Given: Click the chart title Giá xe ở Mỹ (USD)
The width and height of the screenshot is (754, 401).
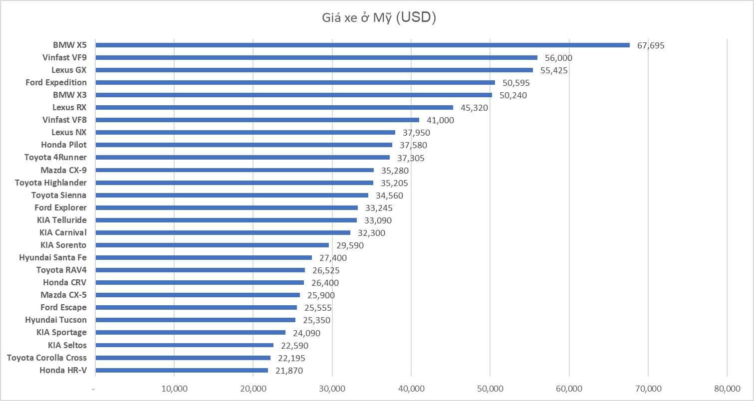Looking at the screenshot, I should (379, 18).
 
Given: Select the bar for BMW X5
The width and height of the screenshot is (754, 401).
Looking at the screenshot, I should (362, 45).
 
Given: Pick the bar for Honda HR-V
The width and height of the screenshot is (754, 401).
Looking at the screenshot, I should (181, 370).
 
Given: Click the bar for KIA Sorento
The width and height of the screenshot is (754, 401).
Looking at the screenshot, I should (212, 245).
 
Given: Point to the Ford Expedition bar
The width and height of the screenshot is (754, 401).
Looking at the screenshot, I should (294, 82).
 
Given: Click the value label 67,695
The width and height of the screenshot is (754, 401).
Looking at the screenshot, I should (651, 45).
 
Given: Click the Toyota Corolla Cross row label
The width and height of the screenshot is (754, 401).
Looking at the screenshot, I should (46, 358).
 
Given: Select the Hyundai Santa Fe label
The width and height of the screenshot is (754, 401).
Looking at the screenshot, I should (53, 257).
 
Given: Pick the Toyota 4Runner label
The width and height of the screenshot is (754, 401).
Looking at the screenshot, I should (55, 157).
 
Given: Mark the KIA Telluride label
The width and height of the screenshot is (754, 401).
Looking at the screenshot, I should (61, 220).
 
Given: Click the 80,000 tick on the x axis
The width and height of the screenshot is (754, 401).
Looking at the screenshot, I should (727, 389).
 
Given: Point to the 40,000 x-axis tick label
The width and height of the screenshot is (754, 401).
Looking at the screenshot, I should (411, 389).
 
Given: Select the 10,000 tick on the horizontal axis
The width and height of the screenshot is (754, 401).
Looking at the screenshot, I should (174, 389).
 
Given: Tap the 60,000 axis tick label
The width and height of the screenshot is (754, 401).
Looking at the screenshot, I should (569, 389).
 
